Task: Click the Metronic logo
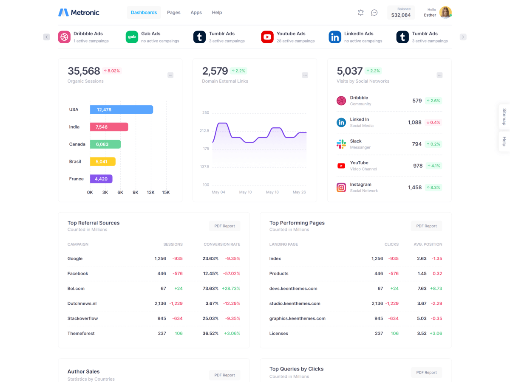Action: (79, 13)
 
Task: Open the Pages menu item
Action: (173, 13)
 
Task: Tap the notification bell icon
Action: (360, 13)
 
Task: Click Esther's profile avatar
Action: (445, 12)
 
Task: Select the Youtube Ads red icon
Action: (267, 37)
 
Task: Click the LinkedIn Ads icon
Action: (335, 37)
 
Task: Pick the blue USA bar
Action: (121, 110)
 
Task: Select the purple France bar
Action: (101, 179)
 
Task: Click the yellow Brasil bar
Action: (102, 162)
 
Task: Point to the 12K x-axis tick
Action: (150, 192)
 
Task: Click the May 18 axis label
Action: (272, 192)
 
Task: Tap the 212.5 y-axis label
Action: (204, 131)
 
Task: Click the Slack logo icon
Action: (341, 144)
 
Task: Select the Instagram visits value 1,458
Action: (415, 187)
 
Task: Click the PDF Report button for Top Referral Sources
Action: (224, 226)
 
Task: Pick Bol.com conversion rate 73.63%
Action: (210, 289)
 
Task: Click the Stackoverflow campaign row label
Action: (82, 318)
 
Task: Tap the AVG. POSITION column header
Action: (428, 244)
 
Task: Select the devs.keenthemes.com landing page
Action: (293, 289)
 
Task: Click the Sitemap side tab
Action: (504, 117)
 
